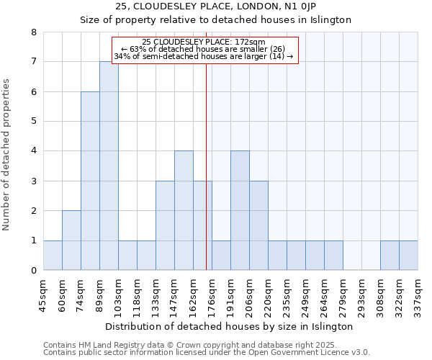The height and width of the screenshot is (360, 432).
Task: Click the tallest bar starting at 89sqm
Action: (109, 166)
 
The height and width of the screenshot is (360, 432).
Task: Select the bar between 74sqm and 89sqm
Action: (90, 181)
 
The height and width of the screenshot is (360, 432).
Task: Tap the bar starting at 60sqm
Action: (71, 240)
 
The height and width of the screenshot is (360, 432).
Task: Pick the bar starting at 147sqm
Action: (184, 210)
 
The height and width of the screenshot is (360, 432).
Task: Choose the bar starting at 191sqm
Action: (240, 210)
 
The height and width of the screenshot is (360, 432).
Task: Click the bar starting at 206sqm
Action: (258, 225)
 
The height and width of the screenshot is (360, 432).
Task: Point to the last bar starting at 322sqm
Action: (408, 256)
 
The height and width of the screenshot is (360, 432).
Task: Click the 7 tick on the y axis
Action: (33, 62)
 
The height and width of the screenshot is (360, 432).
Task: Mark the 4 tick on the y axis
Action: (33, 151)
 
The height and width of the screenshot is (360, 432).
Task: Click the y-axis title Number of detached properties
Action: (7, 155)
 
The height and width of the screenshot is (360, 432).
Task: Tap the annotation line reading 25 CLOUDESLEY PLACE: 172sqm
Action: (204, 42)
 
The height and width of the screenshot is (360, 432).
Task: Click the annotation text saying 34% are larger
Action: (204, 56)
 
